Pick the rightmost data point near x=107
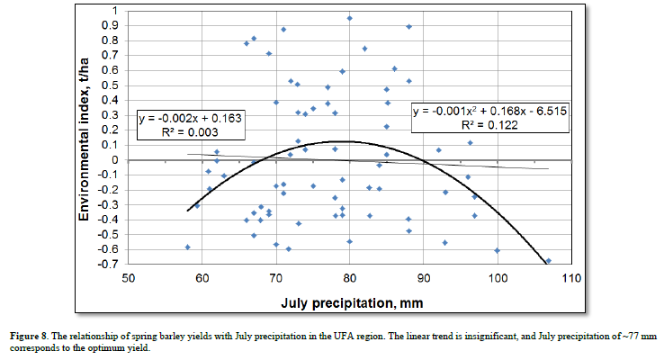[549, 261]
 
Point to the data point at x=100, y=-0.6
[497, 250]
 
